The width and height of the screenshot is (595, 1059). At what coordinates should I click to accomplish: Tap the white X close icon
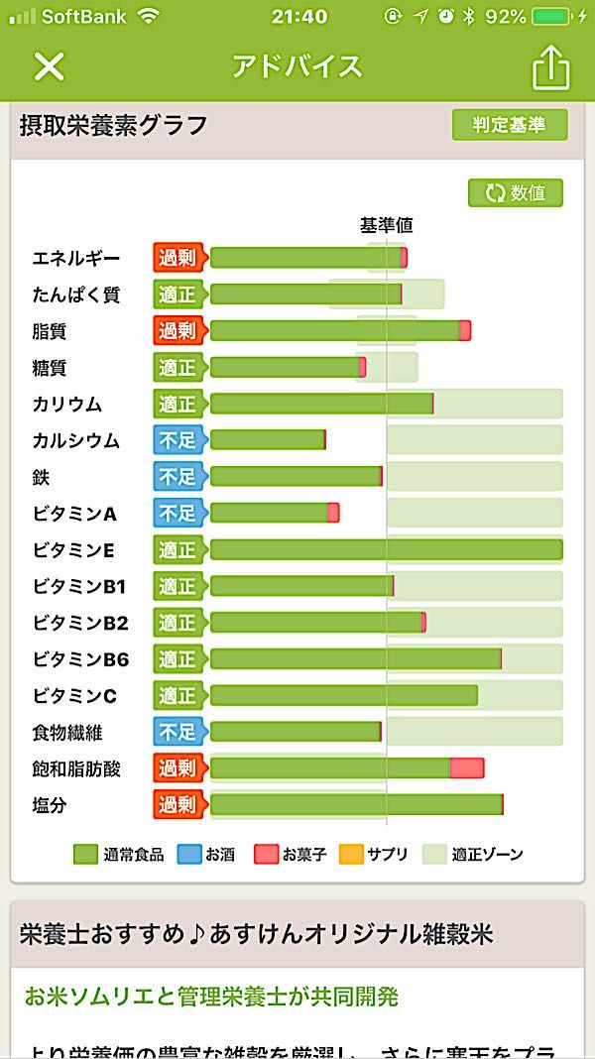click(x=49, y=66)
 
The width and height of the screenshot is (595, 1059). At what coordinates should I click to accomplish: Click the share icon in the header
click(x=551, y=66)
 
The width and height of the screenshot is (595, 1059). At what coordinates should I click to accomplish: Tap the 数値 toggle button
click(x=516, y=192)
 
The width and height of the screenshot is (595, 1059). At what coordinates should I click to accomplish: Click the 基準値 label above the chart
click(x=386, y=226)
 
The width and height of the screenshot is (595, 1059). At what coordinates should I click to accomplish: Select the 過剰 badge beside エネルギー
click(x=178, y=258)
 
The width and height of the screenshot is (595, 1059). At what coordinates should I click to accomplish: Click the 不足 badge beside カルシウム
click(x=178, y=440)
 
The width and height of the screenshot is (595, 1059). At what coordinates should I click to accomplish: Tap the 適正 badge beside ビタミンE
click(x=178, y=549)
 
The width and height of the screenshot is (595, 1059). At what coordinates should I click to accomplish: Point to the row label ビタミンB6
click(x=80, y=659)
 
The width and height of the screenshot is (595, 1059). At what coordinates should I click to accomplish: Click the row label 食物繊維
click(x=67, y=733)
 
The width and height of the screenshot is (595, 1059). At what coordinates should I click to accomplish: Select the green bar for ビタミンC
click(x=343, y=695)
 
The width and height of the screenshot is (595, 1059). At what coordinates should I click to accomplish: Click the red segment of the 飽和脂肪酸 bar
click(x=467, y=768)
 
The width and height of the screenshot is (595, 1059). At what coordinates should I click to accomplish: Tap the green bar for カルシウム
click(x=267, y=440)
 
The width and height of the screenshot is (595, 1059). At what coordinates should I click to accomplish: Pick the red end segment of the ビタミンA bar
click(x=333, y=513)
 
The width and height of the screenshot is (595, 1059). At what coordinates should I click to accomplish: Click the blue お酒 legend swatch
click(x=188, y=854)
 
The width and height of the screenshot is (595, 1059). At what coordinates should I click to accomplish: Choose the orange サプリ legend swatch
click(x=351, y=854)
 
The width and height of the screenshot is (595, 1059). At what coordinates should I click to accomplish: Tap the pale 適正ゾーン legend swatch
click(x=434, y=854)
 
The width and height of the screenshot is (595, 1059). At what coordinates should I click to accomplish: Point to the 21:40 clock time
click(x=298, y=16)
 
